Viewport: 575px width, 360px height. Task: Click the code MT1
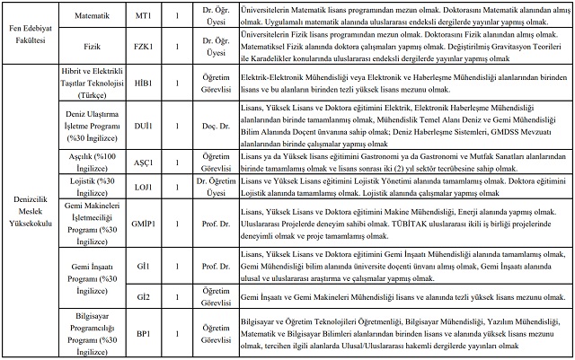point(143,16)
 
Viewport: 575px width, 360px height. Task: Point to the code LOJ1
point(143,188)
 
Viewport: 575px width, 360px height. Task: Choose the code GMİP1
point(143,224)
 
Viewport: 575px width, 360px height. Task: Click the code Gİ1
point(143,267)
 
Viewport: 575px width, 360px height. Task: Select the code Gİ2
point(143,295)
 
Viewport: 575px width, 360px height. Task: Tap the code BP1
point(143,332)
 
